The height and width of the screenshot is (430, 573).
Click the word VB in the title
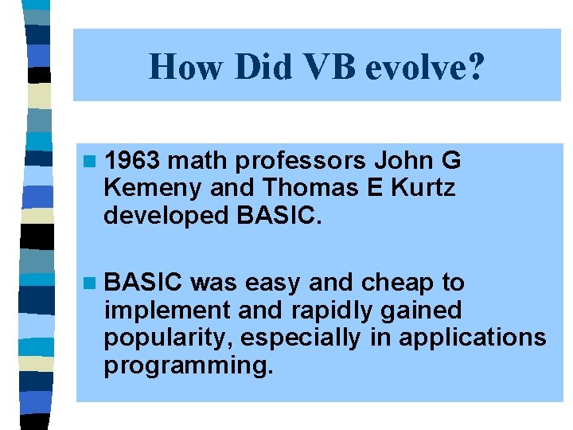[x=329, y=67]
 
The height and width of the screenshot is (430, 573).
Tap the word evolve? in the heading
[x=424, y=67]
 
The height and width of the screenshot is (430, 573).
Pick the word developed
[x=159, y=216]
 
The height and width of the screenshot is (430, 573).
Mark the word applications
[x=473, y=338]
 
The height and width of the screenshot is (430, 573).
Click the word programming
[x=188, y=365]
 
